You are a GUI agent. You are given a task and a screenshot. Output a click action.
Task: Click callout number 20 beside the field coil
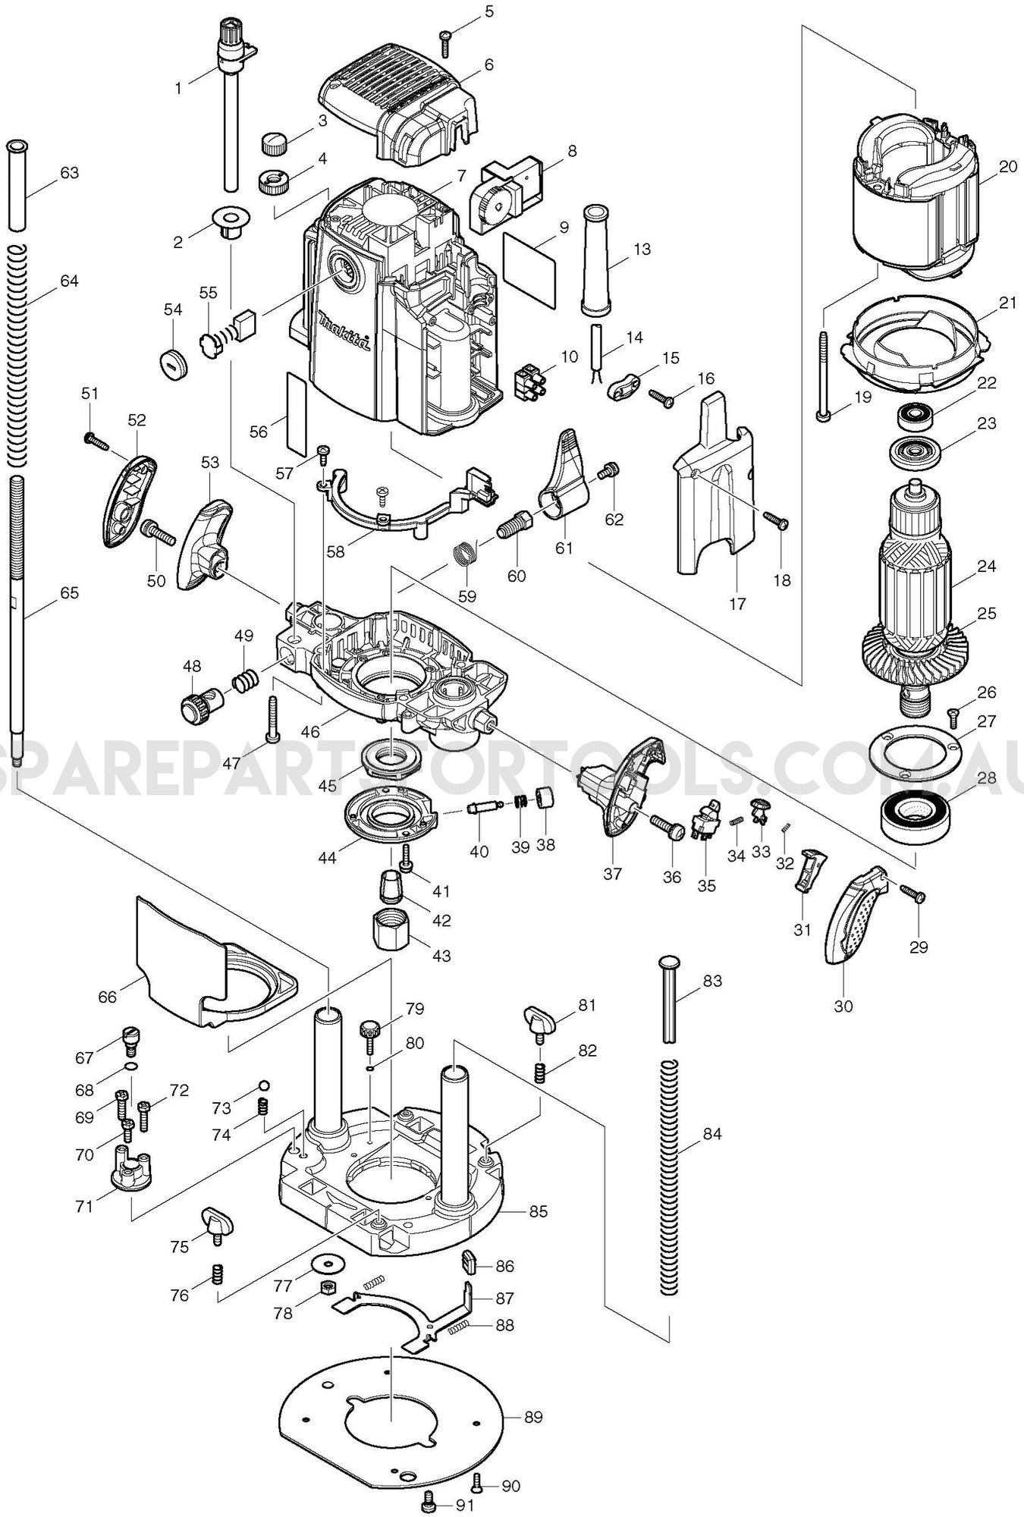pos(1007,167)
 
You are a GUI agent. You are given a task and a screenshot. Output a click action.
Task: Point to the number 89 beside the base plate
pos(534,1417)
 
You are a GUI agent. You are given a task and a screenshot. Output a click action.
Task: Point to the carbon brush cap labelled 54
pos(174,360)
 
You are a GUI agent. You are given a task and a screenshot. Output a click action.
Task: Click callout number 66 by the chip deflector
pos(108,996)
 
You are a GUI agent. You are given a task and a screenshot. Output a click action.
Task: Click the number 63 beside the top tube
pos(69,173)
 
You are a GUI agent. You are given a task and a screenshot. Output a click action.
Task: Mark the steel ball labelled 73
pos(264,1084)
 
